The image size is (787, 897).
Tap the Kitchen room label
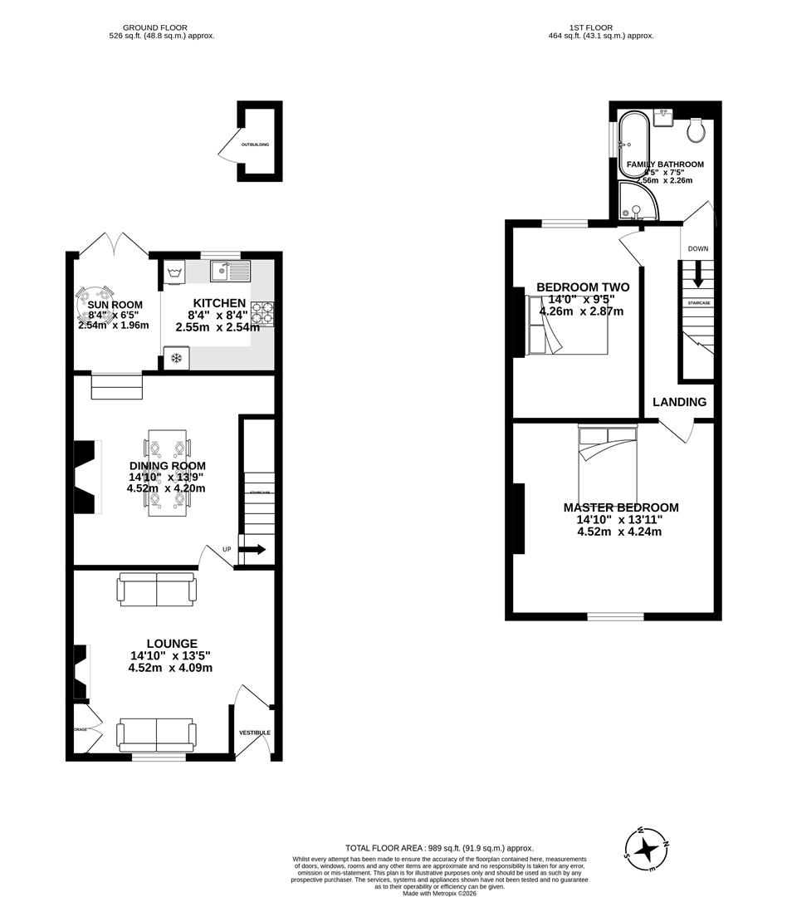(219, 303)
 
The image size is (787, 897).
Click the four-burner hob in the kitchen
(263, 313)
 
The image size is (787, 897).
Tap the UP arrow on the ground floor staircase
(255, 549)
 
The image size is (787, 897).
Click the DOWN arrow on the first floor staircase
(697, 273)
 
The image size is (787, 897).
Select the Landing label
(679, 402)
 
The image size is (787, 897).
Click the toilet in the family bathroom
(696, 130)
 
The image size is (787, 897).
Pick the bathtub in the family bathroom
(633, 145)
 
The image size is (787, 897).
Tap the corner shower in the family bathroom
(636, 202)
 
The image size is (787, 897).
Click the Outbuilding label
(255, 145)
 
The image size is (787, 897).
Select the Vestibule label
(255, 733)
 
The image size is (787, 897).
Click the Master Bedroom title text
(621, 507)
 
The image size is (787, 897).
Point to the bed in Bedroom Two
(565, 323)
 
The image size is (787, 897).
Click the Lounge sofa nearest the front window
(157, 735)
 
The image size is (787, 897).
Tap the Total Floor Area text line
(439, 848)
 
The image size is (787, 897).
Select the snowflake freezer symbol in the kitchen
(176, 358)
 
